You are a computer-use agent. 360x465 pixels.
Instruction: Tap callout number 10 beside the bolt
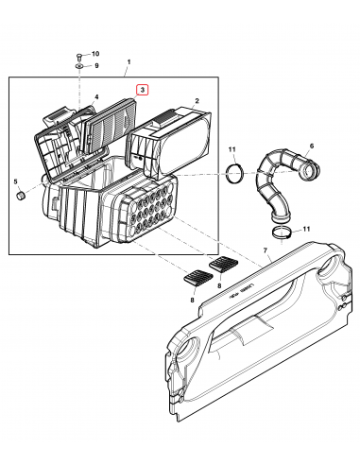(x=94, y=57)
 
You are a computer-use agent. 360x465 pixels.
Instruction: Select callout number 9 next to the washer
(x=94, y=67)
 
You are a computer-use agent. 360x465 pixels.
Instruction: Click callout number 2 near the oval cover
(x=196, y=100)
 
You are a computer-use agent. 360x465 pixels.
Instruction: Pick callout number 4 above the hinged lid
(x=95, y=98)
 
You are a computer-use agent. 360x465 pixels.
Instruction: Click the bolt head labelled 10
(x=78, y=57)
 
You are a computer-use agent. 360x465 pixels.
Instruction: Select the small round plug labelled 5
(x=19, y=196)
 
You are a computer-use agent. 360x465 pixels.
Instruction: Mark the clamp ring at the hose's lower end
(x=281, y=230)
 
